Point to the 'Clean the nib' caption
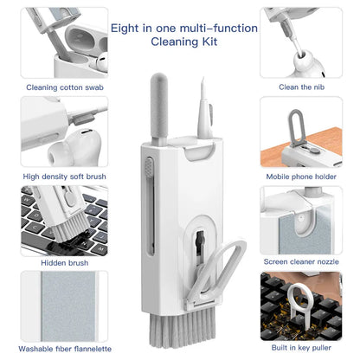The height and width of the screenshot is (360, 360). pos(302,87)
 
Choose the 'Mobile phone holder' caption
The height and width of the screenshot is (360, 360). pos(302,176)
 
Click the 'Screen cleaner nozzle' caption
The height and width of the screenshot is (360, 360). pos(302,262)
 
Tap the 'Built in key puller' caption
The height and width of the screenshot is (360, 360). pos(302,349)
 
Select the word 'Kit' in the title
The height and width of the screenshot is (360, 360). pos(209,41)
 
